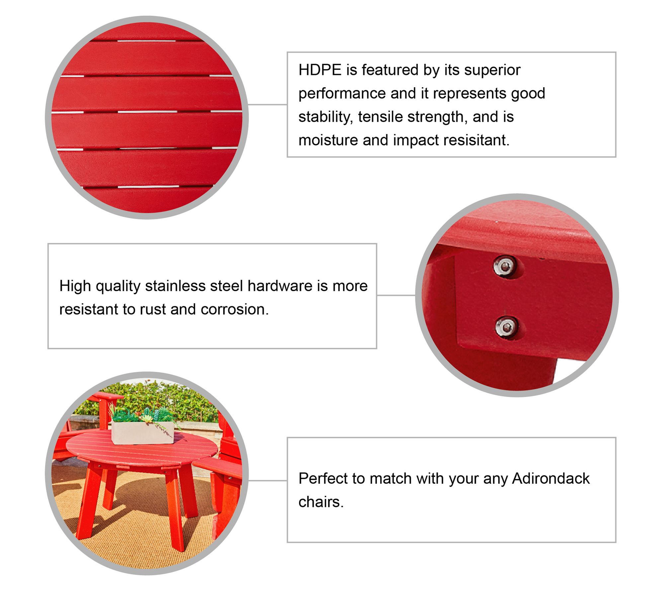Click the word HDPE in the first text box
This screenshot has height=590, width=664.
point(320,70)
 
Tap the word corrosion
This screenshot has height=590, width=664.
point(234,309)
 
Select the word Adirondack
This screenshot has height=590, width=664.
point(551,479)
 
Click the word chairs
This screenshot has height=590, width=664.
point(321,502)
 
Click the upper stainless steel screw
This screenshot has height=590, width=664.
point(505,266)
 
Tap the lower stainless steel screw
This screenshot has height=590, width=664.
point(506,327)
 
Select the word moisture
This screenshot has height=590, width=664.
point(328,140)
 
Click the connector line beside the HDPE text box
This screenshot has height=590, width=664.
point(267,105)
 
